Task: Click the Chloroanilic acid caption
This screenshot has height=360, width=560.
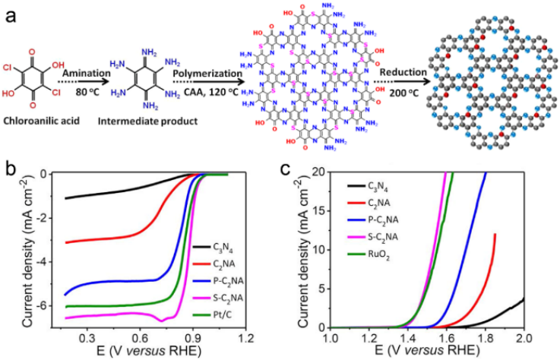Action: click(41, 119)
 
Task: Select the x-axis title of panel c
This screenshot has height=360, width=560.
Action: click(427, 351)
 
